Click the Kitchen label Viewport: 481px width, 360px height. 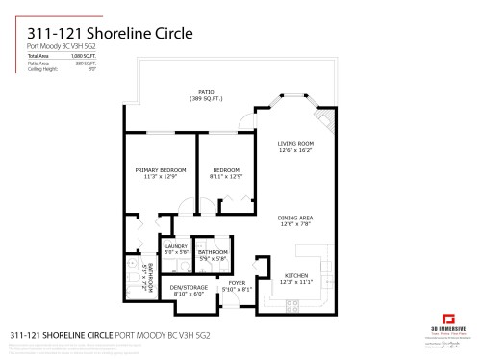click(x=295, y=276)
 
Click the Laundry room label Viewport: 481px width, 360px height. click(x=175, y=246)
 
